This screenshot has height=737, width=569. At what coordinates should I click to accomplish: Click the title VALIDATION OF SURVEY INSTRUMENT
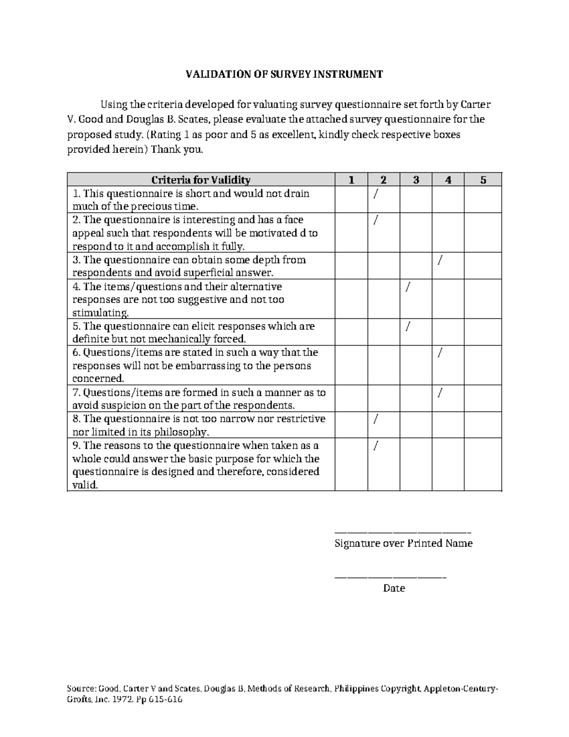[x=284, y=75]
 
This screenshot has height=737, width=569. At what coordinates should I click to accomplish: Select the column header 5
[x=483, y=180]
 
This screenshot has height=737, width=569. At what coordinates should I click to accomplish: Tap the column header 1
[x=351, y=180]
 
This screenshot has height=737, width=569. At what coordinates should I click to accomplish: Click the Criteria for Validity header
[x=201, y=180]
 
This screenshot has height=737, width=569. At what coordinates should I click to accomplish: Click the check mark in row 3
[x=441, y=260]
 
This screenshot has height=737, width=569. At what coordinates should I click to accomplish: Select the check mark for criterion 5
[x=408, y=327]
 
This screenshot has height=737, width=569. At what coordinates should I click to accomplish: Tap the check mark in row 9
[x=376, y=446]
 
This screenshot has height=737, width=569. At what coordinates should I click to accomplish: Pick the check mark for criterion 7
[x=441, y=392]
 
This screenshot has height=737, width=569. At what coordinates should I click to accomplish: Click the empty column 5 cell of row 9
[x=483, y=465]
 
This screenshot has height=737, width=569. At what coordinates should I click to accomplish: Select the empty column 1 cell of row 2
[x=351, y=233]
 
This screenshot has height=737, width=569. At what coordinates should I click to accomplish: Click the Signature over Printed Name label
[x=404, y=543]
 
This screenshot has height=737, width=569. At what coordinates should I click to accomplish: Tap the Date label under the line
[x=394, y=588]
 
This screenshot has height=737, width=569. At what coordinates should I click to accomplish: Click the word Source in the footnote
[x=81, y=689]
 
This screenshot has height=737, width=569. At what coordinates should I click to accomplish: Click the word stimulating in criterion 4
[x=100, y=313]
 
